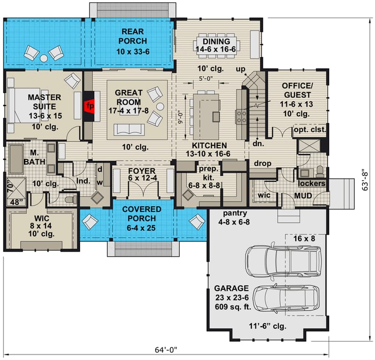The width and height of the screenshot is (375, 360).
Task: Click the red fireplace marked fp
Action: (x=90, y=106)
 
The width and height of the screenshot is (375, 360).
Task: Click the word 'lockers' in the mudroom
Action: (x=312, y=183)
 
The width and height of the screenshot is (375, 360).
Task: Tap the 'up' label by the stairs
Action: (x=240, y=70)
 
